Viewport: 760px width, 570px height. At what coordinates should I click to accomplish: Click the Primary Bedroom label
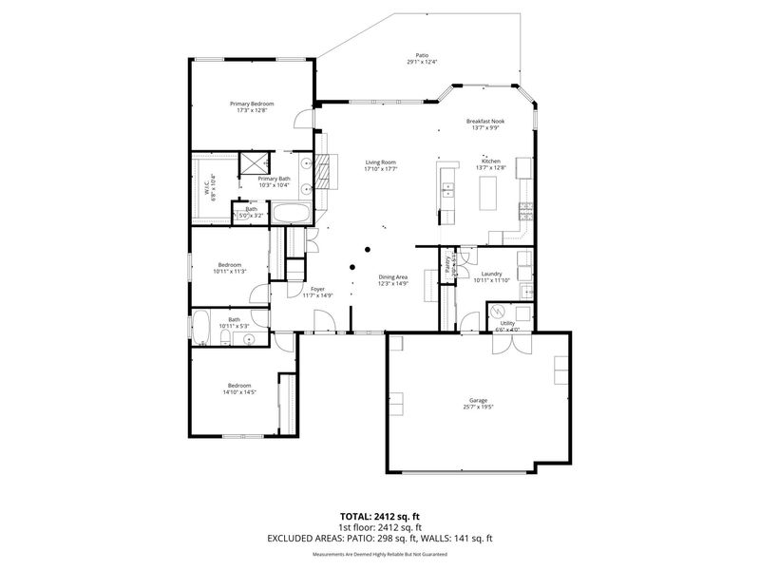click(x=252, y=103)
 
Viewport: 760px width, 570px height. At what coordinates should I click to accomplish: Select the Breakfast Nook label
click(x=484, y=122)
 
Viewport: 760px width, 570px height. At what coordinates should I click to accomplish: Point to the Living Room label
click(x=380, y=162)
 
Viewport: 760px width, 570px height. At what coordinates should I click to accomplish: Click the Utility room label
click(x=507, y=323)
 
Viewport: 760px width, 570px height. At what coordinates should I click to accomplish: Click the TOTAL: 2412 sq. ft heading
click(x=380, y=516)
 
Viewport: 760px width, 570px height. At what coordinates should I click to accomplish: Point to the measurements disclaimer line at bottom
click(x=380, y=552)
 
